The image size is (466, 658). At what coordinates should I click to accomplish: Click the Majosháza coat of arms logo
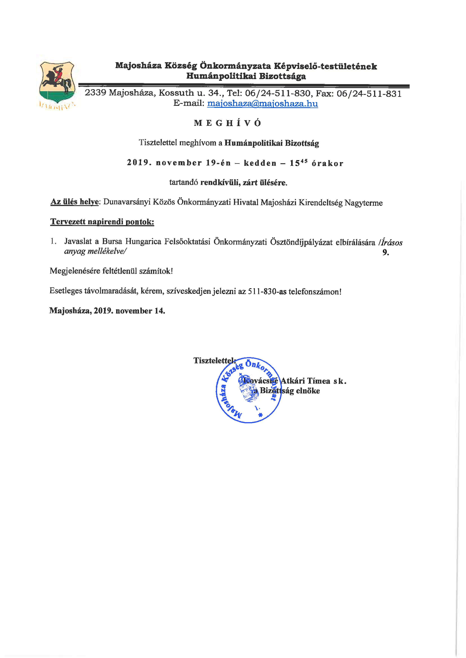pos(57,83)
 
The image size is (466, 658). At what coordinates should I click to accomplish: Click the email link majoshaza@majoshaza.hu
pos(262,103)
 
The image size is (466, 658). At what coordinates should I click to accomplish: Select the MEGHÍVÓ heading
pos(227,123)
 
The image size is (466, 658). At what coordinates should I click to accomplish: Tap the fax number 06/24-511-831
pos(369,93)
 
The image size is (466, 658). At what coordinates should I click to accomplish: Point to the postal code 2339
pos(95,92)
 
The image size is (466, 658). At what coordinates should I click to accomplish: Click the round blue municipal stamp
pos(248,390)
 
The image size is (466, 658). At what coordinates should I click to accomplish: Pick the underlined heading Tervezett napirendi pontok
pos(102,222)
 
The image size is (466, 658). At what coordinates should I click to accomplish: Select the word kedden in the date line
pos(260,163)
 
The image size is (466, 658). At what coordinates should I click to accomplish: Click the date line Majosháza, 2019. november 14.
pos(107,311)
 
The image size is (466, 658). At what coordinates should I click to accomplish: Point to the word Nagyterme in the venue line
pos(363,203)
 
